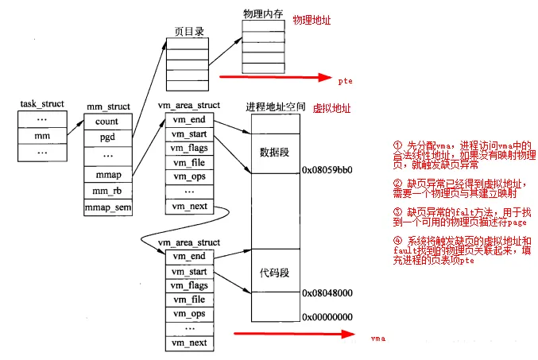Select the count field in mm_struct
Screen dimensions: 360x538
click(106, 122)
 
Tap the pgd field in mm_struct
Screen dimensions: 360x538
click(106, 137)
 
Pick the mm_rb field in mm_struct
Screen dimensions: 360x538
click(106, 192)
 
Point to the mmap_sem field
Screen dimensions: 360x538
click(107, 208)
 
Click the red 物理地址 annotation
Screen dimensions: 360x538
click(312, 17)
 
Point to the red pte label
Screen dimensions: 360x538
click(343, 80)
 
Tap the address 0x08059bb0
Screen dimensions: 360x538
click(327, 170)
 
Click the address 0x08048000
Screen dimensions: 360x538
click(327, 293)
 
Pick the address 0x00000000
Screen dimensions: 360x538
click(327, 316)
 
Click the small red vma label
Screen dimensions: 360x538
click(377, 339)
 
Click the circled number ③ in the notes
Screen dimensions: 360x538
click(397, 214)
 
